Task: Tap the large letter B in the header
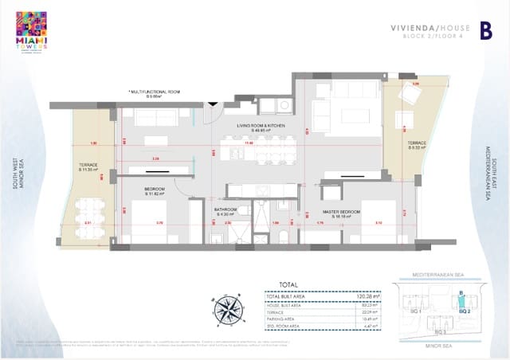tap(485, 31)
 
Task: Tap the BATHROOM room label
tap(228, 210)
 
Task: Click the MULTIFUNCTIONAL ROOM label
tap(155, 92)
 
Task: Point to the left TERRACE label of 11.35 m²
tap(88, 167)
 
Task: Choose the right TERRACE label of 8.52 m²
tap(418, 146)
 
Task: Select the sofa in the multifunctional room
tap(156, 117)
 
